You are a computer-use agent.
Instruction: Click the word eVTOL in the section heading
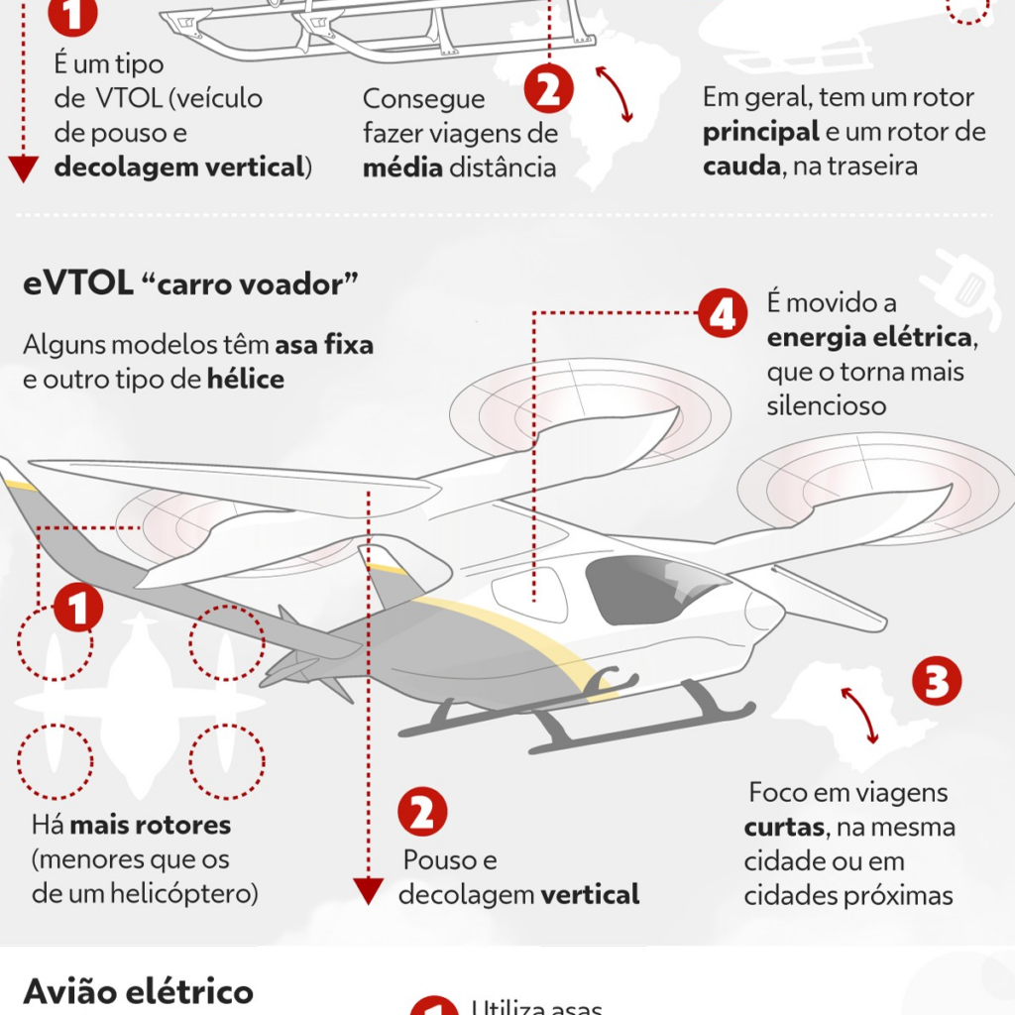(x=78, y=284)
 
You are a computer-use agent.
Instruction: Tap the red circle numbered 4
(x=722, y=315)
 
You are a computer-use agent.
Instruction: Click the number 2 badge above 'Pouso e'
(x=422, y=813)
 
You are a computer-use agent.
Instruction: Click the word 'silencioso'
(x=826, y=406)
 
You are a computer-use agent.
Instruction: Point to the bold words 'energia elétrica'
(x=870, y=338)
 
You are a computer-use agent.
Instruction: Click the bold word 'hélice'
(x=246, y=379)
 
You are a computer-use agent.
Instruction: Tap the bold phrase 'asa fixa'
(x=324, y=345)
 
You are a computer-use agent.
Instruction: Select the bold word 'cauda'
(x=739, y=166)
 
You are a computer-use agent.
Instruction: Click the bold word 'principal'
(x=761, y=132)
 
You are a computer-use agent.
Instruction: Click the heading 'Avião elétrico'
(x=138, y=992)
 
